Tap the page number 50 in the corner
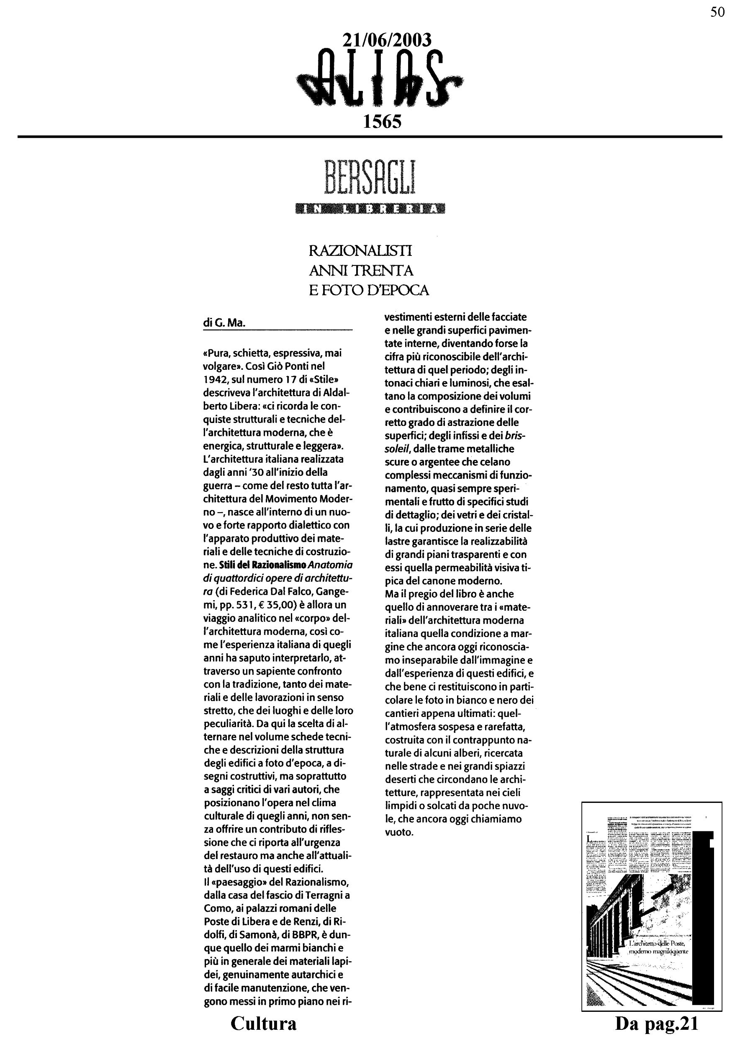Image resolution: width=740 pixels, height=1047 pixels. coord(717,12)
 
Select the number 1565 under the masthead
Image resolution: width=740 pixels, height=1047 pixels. coord(382,121)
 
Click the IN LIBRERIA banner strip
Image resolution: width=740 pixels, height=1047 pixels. coord(370,209)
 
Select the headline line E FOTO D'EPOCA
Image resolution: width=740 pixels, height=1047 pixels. coord(369,290)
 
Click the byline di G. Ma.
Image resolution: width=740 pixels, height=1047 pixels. coord(224,323)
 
